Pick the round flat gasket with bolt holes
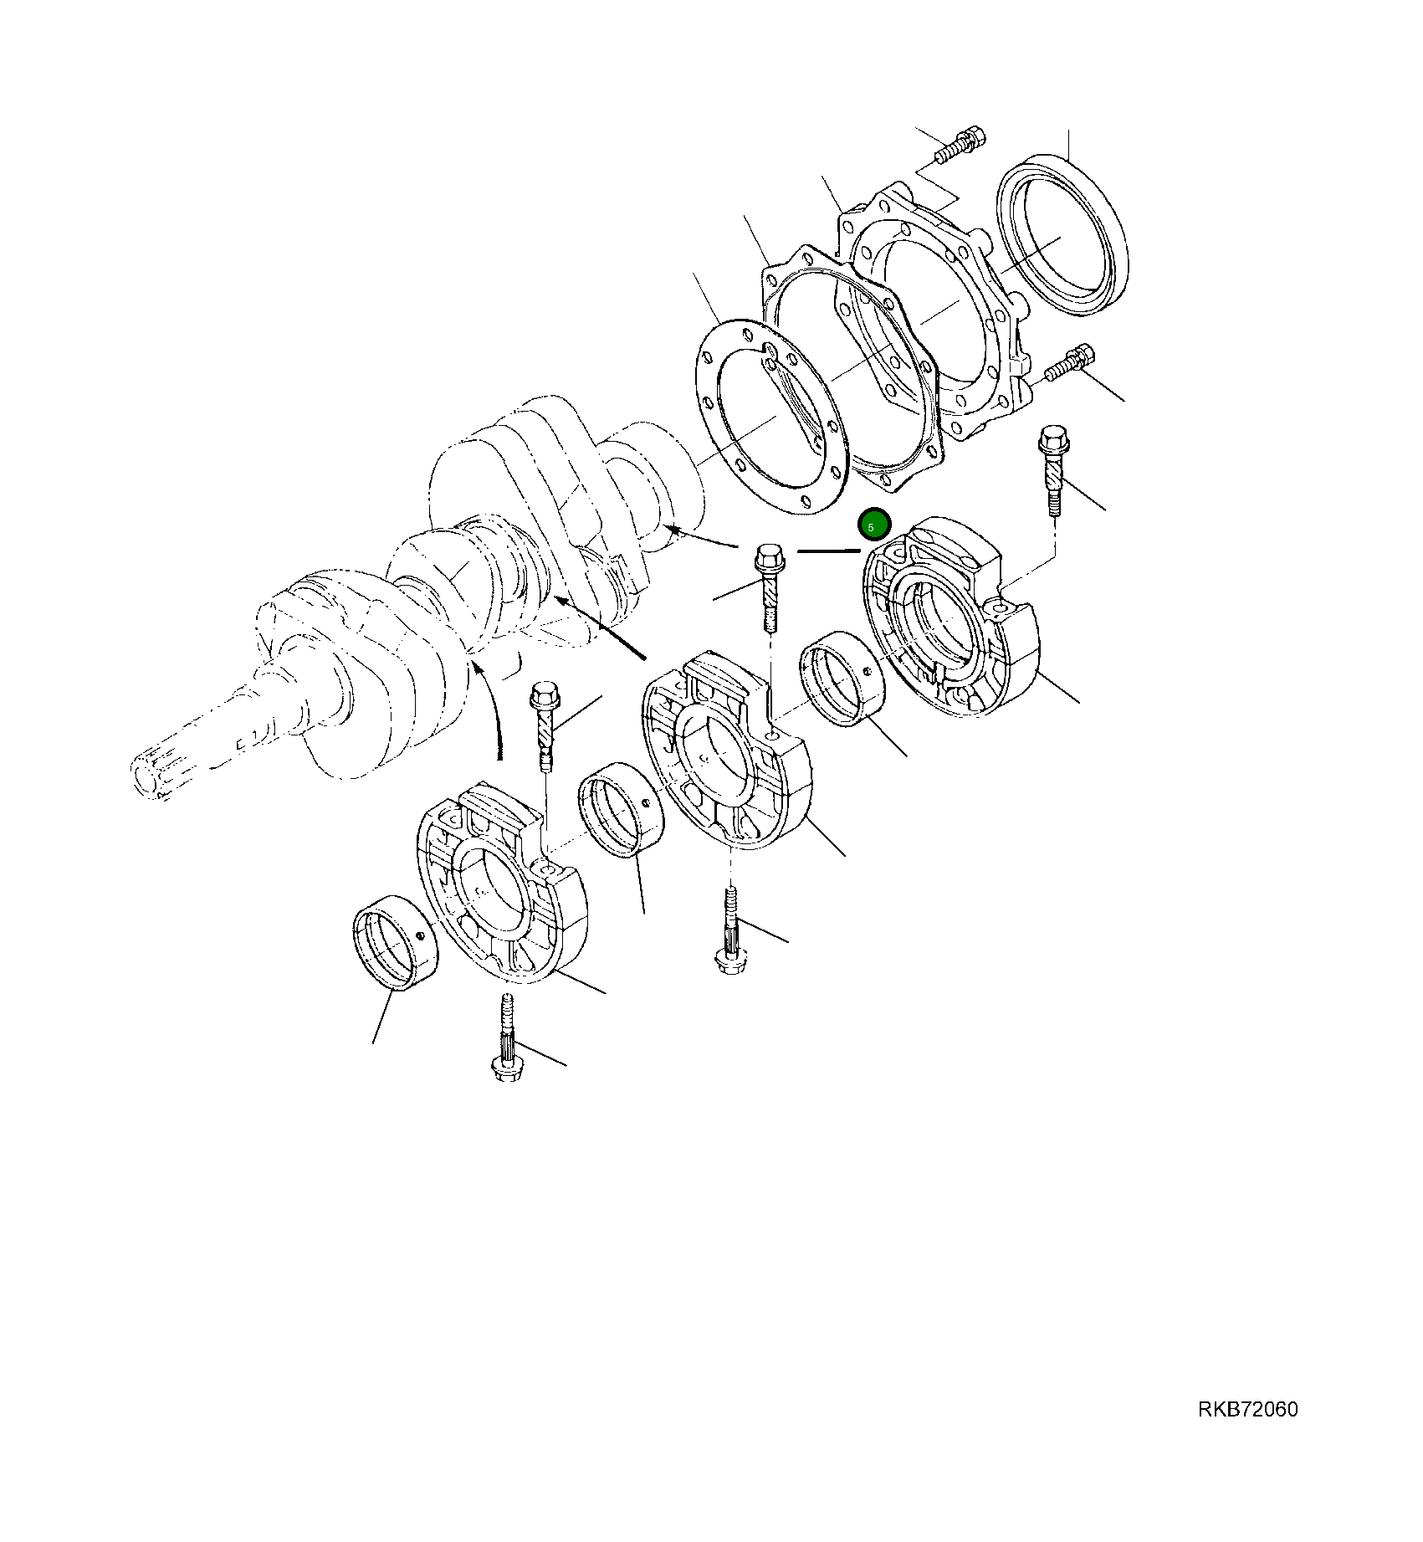770,416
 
